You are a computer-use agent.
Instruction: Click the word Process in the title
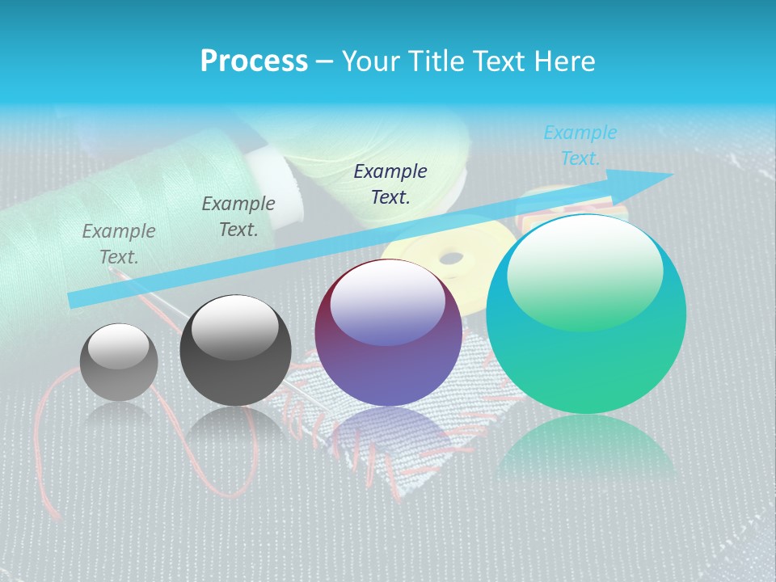[x=254, y=61]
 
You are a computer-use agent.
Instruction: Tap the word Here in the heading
[x=563, y=61]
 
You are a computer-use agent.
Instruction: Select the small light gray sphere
[x=119, y=362]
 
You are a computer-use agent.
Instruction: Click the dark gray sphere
[x=235, y=351]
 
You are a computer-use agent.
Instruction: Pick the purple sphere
[x=388, y=333]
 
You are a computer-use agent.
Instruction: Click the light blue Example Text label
[x=580, y=145]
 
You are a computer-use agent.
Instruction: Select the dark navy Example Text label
[x=390, y=183]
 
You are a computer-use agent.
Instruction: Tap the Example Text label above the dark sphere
[x=238, y=217]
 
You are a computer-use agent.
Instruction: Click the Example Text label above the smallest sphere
[x=119, y=244]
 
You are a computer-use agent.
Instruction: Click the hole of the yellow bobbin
[x=450, y=259]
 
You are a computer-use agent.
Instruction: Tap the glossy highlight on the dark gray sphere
[x=235, y=327]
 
